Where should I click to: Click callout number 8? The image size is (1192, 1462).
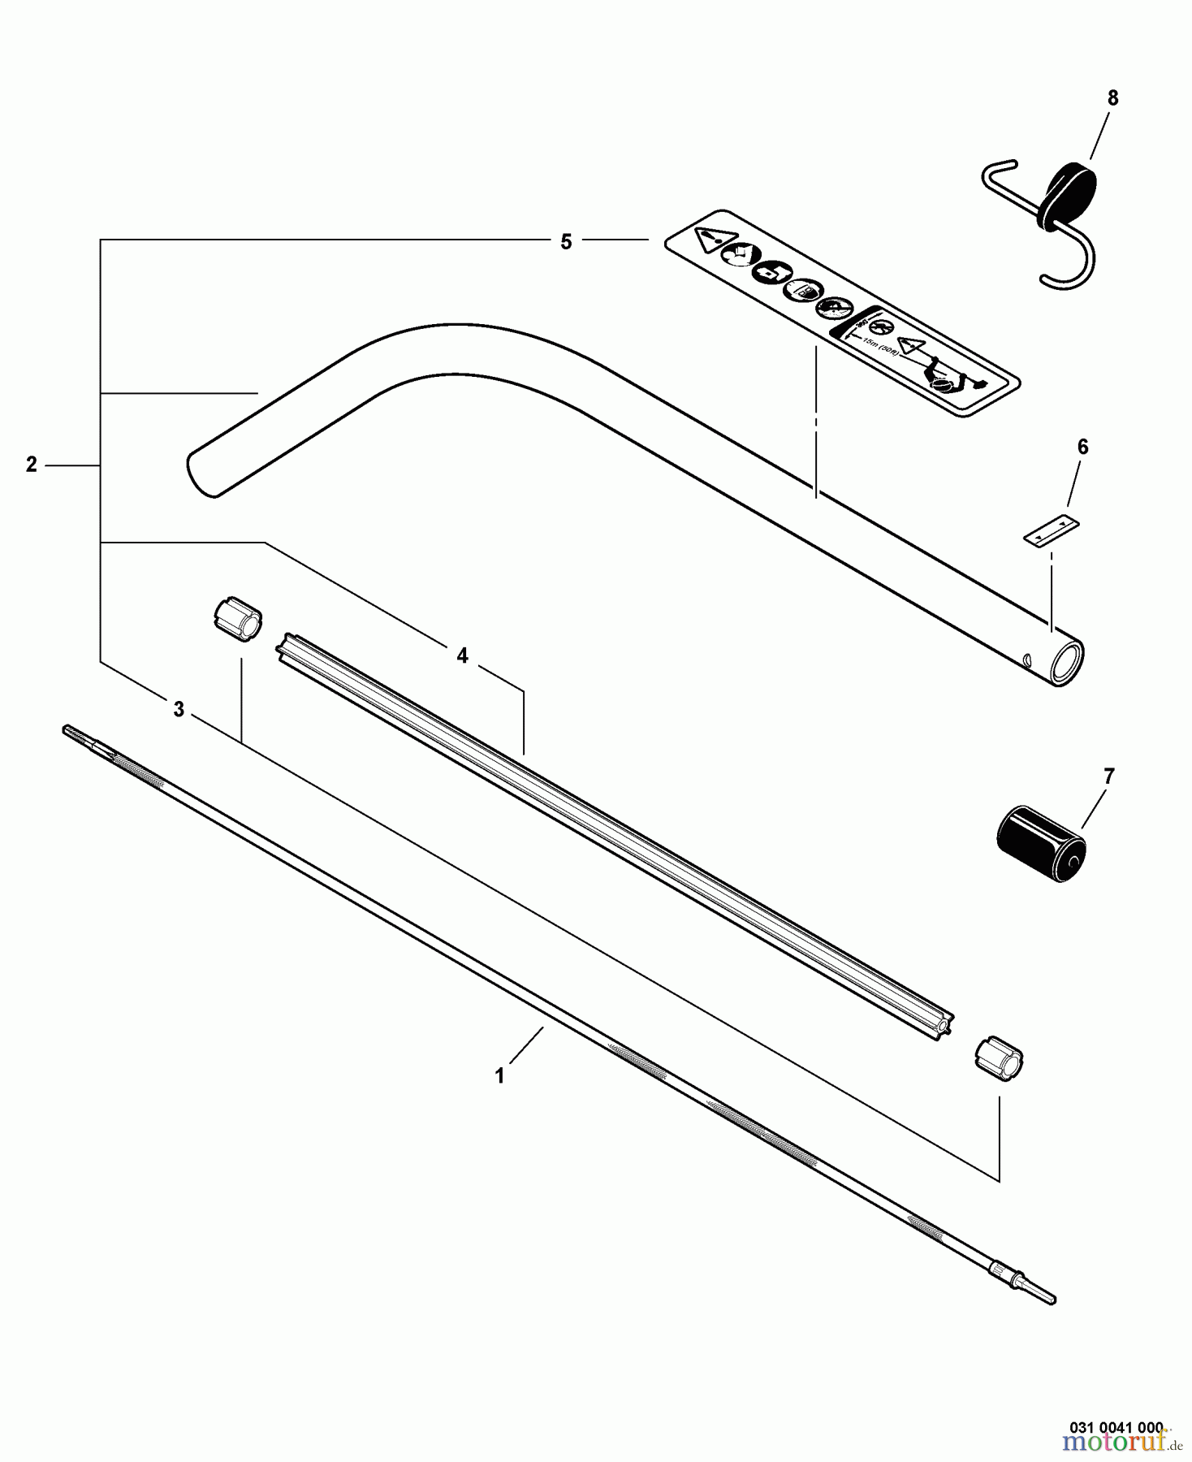(x=1112, y=98)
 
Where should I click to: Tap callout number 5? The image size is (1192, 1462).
(x=566, y=242)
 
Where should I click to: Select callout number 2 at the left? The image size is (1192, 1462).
(x=32, y=465)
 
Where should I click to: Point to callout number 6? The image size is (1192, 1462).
(x=1082, y=448)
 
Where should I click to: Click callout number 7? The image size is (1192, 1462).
(x=1109, y=776)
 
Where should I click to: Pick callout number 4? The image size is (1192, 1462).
(x=462, y=655)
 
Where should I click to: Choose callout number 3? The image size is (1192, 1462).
(x=179, y=710)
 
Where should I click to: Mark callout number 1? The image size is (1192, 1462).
(x=500, y=1076)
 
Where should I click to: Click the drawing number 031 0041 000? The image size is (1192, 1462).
(x=1116, y=1427)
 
